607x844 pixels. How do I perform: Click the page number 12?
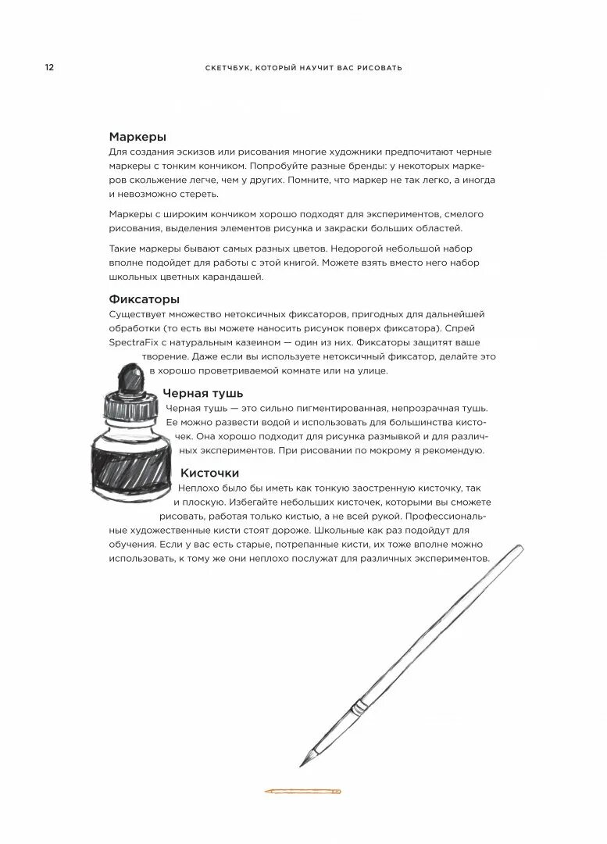point(49,68)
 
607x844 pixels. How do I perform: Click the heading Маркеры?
point(137,137)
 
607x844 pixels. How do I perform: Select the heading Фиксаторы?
point(145,299)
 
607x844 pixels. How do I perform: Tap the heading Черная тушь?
point(203,393)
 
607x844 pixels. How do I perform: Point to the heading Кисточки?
point(209,473)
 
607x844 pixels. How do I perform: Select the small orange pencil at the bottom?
point(303,792)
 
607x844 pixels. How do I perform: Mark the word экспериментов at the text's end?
point(448,559)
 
